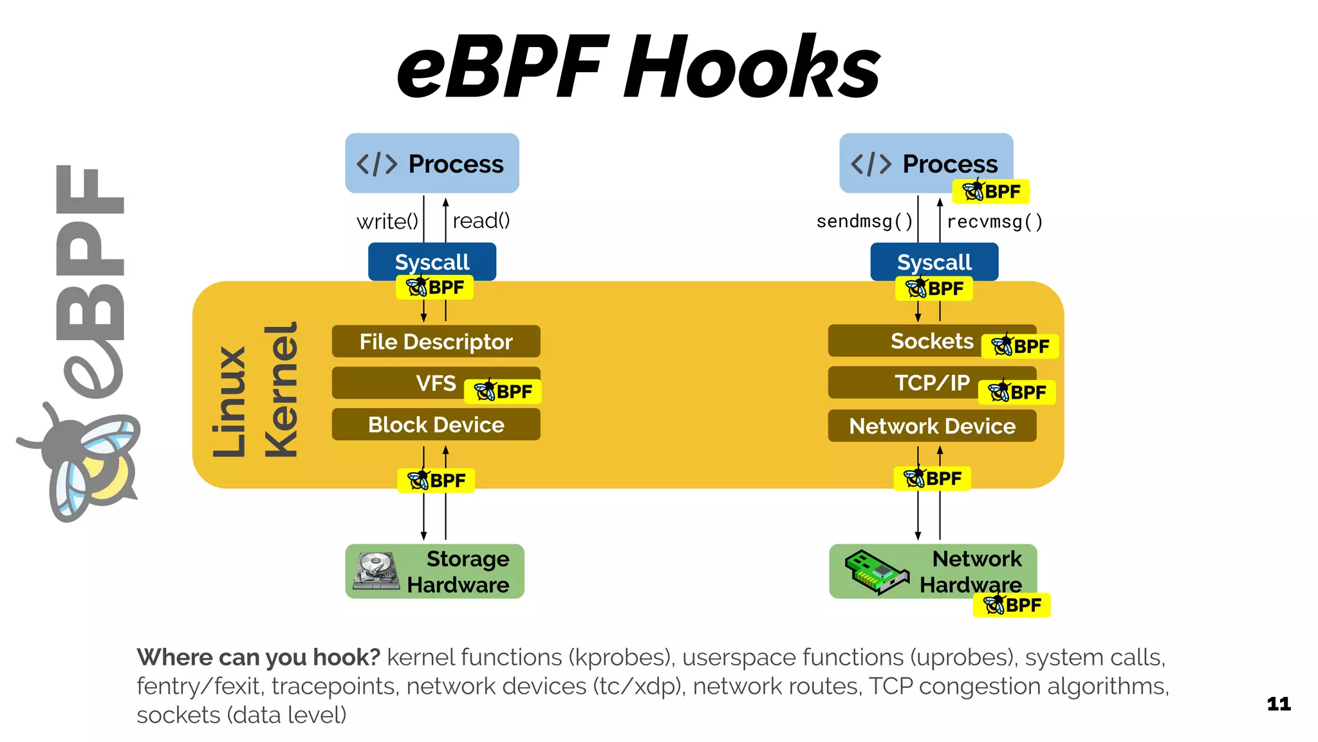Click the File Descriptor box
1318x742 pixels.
click(436, 341)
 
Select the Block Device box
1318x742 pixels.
click(436, 425)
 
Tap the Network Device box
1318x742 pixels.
click(932, 426)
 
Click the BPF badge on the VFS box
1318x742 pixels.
click(503, 392)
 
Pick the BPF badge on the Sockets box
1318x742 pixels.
click(1020, 347)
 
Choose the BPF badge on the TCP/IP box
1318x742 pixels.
click(1017, 392)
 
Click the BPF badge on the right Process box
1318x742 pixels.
click(991, 191)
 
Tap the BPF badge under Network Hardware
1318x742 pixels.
click(1012, 605)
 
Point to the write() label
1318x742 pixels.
click(387, 222)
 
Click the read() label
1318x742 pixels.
click(481, 221)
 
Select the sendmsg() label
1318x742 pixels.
click(864, 222)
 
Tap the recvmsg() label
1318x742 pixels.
click(994, 222)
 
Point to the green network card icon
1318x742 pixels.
click(876, 571)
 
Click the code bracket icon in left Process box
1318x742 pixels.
click(377, 164)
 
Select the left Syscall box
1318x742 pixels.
click(432, 261)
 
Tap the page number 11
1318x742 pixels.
click(1279, 704)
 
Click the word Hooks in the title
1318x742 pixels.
click(752, 68)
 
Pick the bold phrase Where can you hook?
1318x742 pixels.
click(259, 658)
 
